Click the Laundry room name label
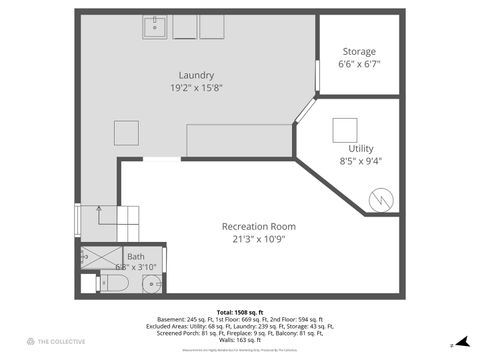(196, 75)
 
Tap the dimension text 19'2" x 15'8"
(196, 88)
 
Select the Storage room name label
(359, 51)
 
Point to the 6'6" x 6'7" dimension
(359, 64)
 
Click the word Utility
(360, 148)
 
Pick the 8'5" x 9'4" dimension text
(360, 160)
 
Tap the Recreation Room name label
(258, 226)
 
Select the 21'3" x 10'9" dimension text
(258, 239)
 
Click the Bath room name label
(136, 256)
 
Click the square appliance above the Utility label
(345, 129)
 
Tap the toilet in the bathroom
(112, 283)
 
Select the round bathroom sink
(152, 284)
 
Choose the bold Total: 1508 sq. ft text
(240, 311)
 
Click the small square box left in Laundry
(126, 133)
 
